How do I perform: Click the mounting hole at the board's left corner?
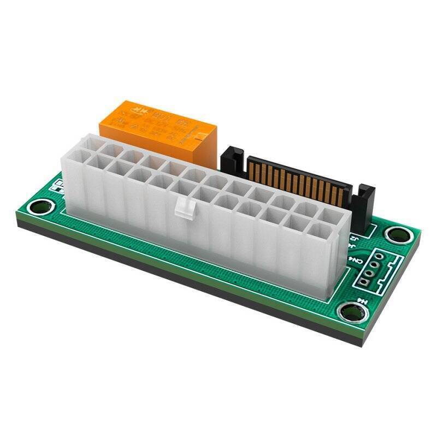(42, 208)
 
